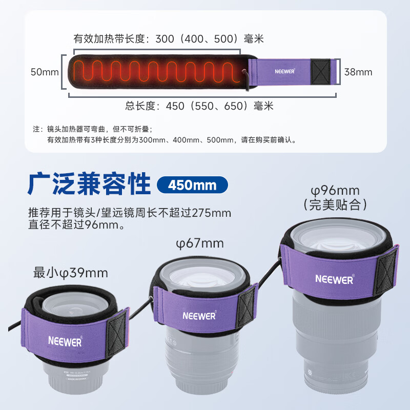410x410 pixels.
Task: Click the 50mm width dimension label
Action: [x=45, y=72]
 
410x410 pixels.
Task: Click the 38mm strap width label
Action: [x=358, y=72]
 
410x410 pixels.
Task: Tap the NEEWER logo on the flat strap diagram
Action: [x=285, y=71]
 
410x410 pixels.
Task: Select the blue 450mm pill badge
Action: [x=192, y=185]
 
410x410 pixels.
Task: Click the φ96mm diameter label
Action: [x=335, y=190]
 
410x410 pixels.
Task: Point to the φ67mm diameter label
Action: [x=200, y=243]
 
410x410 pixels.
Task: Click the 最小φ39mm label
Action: [x=71, y=273]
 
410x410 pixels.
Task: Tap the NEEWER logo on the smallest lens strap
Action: [x=66, y=341]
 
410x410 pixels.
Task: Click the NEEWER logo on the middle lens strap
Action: [x=199, y=316]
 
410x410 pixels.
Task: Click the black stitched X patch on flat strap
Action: [x=320, y=72]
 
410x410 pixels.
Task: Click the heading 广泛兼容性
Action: [x=89, y=183]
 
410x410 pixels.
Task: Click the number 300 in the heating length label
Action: [x=165, y=39]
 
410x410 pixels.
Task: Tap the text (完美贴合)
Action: [x=335, y=204]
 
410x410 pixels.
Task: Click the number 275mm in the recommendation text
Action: [x=212, y=213]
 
